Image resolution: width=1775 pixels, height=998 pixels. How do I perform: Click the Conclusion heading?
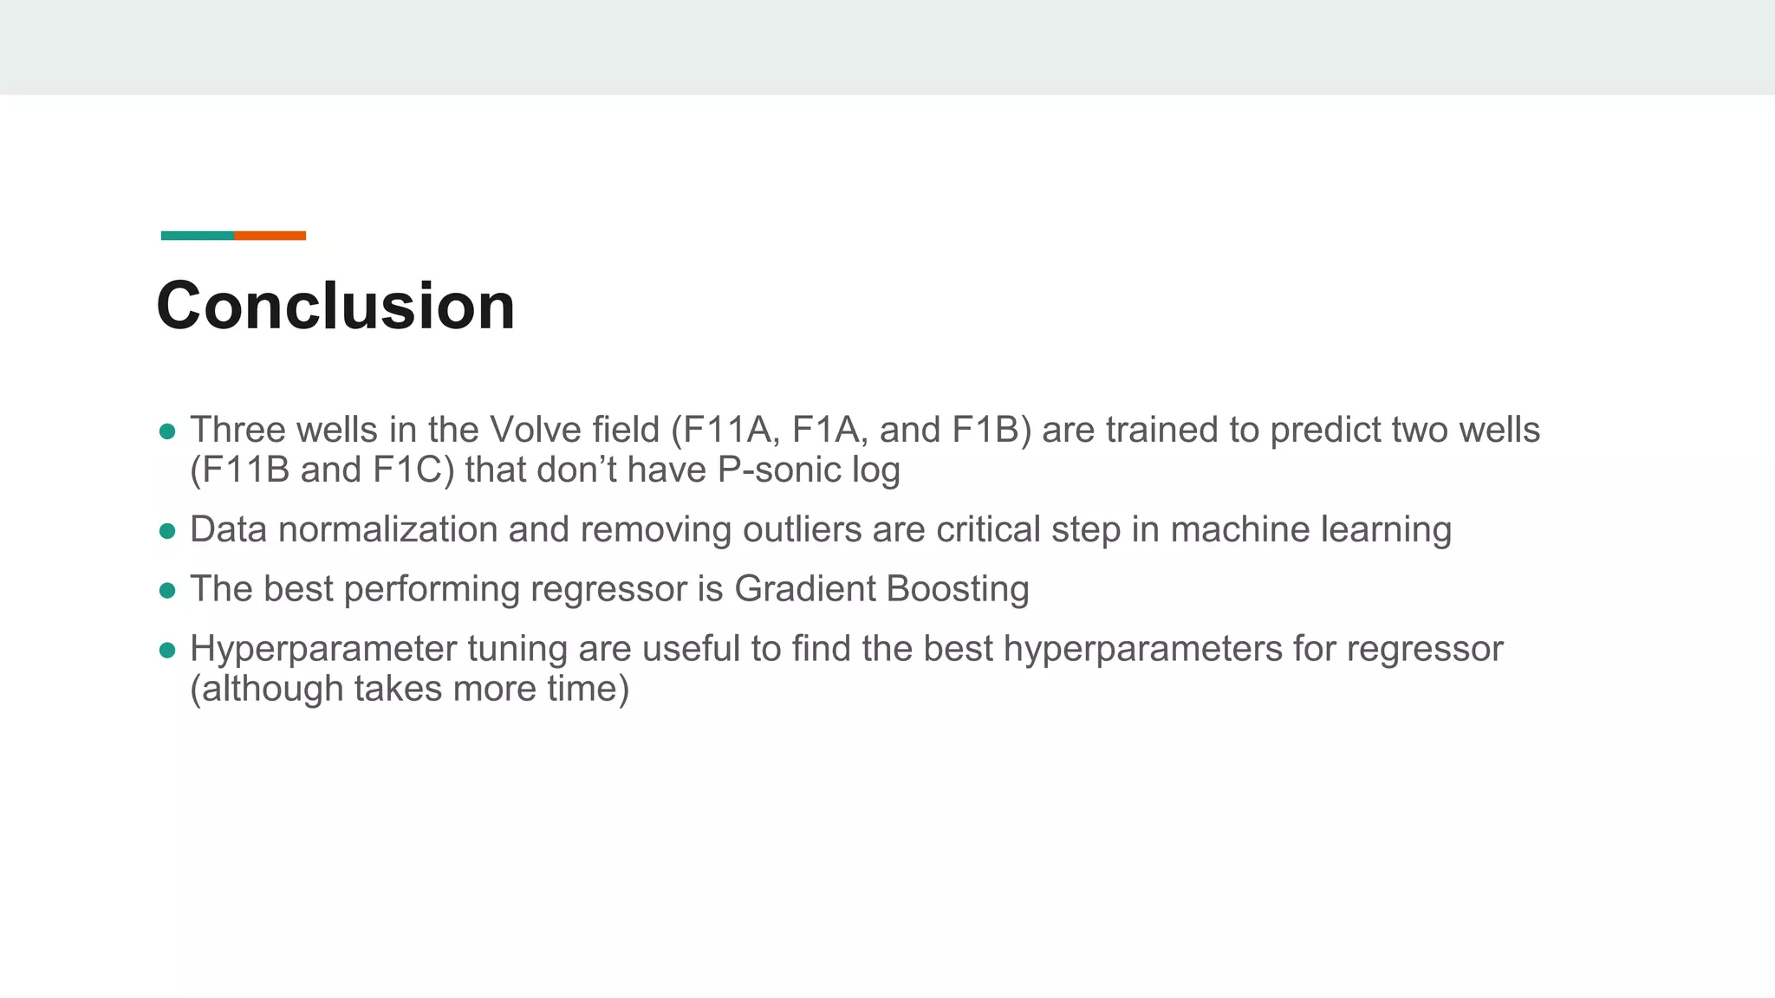pyautogui.click(x=335, y=306)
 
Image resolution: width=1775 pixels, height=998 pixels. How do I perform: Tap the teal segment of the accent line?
pyautogui.click(x=197, y=236)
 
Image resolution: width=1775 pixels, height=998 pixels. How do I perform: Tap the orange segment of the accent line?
pyautogui.click(x=270, y=236)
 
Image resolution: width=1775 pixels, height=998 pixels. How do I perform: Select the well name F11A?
pyautogui.click(x=729, y=430)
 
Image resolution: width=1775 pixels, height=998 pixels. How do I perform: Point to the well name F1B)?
pyautogui.click(x=992, y=430)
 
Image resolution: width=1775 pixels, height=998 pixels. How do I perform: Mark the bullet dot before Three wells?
pyautogui.click(x=168, y=431)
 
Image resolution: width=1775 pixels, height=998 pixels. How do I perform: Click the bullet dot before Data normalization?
pyautogui.click(x=168, y=531)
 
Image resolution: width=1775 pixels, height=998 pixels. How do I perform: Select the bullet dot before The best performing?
pyautogui.click(x=168, y=591)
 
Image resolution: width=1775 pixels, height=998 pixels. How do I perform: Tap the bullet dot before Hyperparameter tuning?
pyautogui.click(x=168, y=651)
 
